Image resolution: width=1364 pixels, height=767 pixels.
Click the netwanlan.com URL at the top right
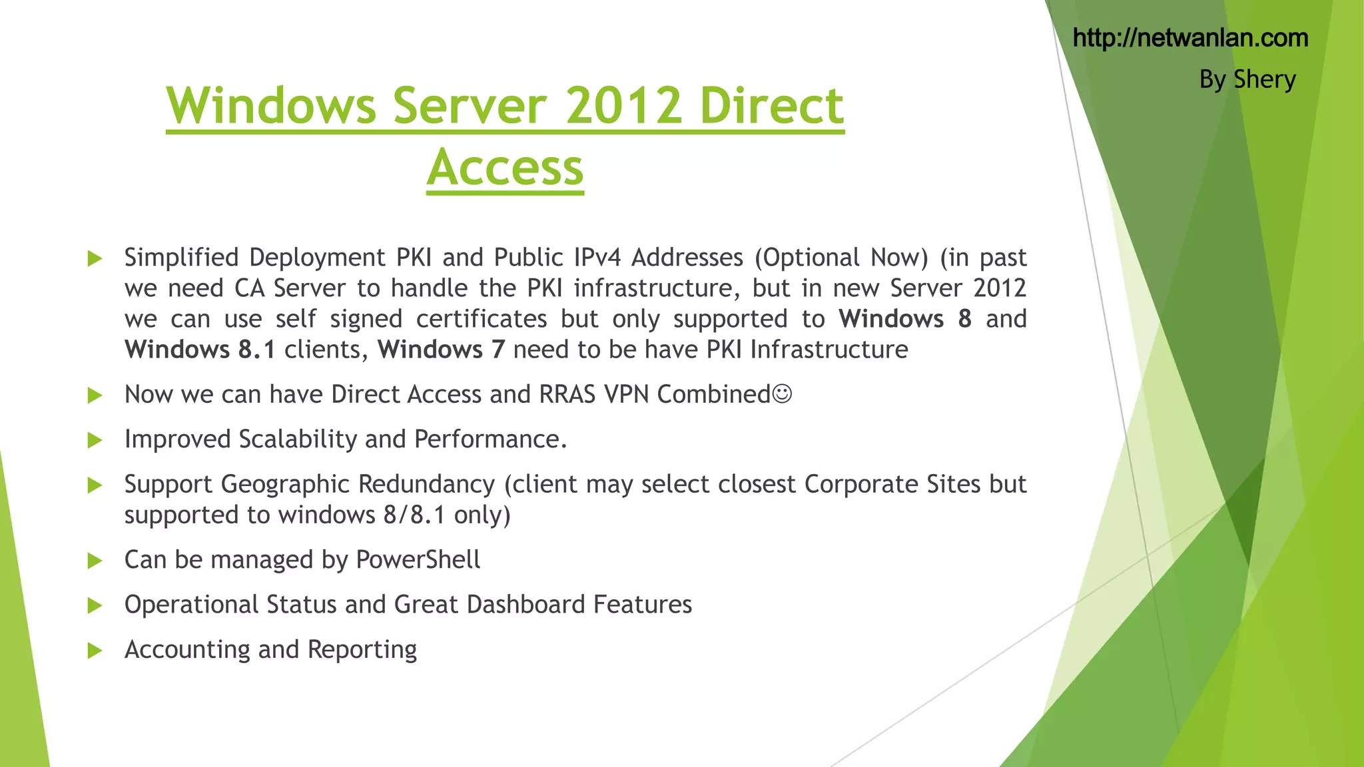1190,39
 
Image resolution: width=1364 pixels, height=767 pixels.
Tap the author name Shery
1264,80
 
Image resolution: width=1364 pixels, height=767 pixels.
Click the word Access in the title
505,167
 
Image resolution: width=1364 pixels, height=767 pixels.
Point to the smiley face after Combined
783,394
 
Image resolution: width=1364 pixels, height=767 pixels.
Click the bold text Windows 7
442,350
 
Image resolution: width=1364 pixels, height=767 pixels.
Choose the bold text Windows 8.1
200,350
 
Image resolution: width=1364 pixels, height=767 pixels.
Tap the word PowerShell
418,560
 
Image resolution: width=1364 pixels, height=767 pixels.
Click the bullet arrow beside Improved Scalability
95,440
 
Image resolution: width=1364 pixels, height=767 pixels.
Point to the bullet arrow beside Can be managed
95,561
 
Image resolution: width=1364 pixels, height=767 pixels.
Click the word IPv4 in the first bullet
597,258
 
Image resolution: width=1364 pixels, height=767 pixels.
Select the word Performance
490,439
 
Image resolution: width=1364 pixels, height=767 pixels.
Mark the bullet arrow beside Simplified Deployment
95,258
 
